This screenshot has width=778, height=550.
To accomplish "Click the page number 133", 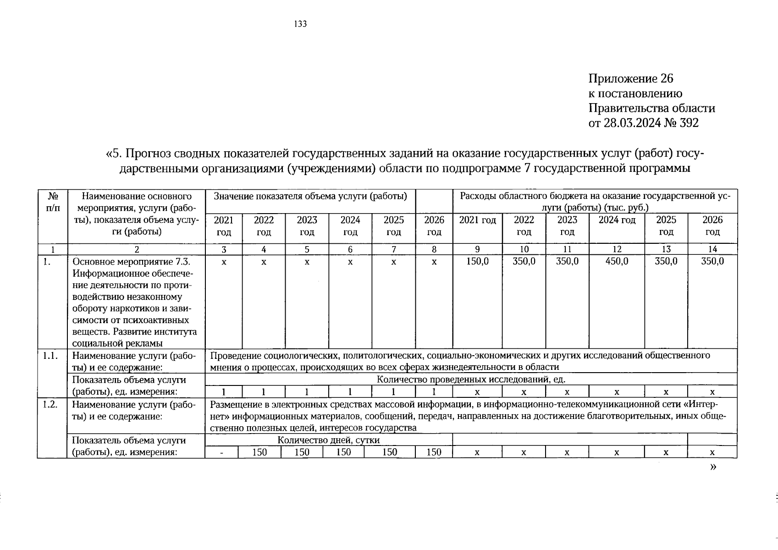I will (300, 24).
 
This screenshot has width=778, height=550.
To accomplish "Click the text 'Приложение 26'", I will (631, 79).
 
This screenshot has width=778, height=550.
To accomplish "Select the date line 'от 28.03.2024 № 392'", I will (644, 123).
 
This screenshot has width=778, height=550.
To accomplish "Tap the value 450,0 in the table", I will (617, 261).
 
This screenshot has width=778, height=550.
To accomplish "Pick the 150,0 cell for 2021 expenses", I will (477, 261).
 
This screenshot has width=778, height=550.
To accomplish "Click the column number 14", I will (712, 249).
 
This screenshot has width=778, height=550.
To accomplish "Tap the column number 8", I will (434, 249).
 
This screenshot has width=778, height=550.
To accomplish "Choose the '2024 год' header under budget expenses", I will (617, 220).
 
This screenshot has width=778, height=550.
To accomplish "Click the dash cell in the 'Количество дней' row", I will (222, 452).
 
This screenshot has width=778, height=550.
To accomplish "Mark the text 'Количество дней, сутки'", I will (328, 440).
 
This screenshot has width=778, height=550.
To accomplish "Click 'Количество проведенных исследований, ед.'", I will (471, 379).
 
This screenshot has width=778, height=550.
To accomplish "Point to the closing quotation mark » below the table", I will (712, 467).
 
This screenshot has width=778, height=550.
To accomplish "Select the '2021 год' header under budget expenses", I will (477, 220).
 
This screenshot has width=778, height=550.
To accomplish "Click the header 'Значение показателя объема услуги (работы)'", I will (310, 196).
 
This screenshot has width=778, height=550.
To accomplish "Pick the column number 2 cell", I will (136, 249).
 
